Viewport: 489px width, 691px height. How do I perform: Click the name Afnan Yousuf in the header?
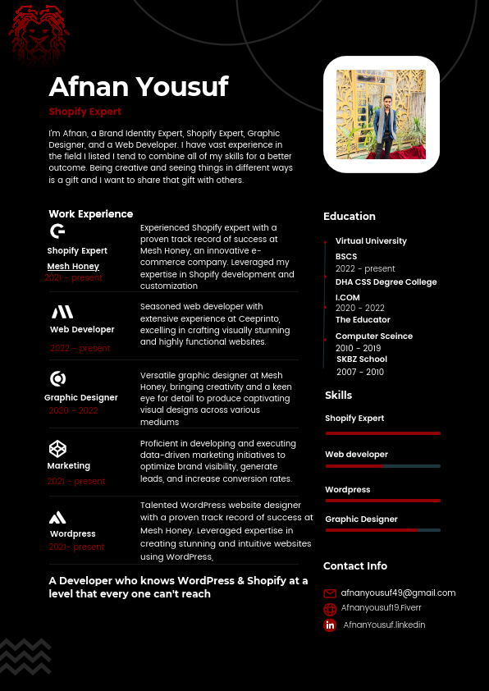[x=138, y=86]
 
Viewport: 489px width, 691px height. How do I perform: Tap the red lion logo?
[x=39, y=33]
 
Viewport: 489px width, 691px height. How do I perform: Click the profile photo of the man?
[x=382, y=114]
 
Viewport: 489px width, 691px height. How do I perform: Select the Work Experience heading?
[x=90, y=213]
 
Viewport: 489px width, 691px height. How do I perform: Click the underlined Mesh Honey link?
[x=73, y=266]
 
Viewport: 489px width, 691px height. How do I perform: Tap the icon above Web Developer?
[x=62, y=312]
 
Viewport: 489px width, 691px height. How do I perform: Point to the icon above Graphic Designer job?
[x=58, y=378]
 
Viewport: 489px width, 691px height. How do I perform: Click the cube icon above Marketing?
[x=57, y=448]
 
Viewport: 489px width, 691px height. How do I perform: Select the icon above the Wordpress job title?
[x=57, y=517]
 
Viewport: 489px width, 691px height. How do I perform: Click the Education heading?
[x=350, y=216]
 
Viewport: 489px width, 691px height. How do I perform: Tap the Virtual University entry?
[x=371, y=241]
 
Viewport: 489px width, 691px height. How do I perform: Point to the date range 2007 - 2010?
[x=359, y=372]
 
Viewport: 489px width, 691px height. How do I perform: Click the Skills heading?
[x=339, y=396]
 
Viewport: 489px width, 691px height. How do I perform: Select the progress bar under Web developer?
[x=382, y=466]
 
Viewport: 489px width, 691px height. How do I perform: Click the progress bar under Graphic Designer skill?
[x=382, y=530]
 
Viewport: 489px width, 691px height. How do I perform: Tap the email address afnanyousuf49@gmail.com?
[x=398, y=593]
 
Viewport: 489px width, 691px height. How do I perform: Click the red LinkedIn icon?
[x=330, y=625]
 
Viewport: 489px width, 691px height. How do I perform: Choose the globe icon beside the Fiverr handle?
[x=330, y=609]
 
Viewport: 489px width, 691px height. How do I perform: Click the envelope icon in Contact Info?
[x=330, y=593]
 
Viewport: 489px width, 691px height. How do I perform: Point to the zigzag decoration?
[x=25, y=656]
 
